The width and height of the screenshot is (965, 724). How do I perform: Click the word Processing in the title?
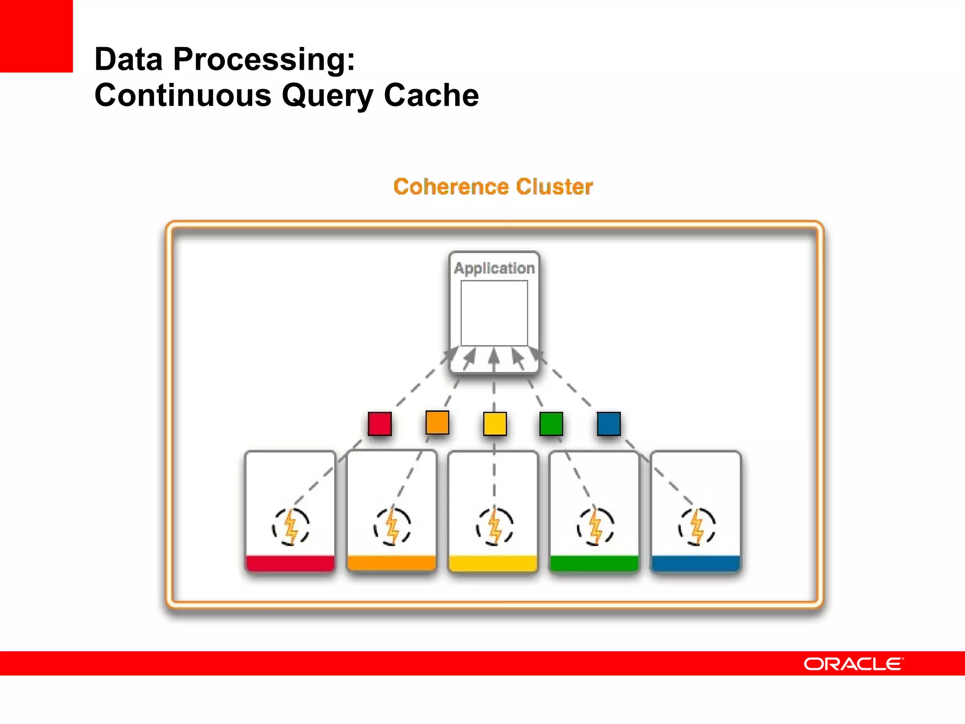tap(264, 60)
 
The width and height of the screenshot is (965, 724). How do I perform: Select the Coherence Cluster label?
tap(493, 187)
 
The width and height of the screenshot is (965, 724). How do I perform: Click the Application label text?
tap(494, 268)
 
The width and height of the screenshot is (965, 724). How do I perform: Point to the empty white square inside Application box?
tap(494, 313)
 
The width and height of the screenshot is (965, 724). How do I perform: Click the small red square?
tap(380, 423)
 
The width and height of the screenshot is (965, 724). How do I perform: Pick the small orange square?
tap(437, 422)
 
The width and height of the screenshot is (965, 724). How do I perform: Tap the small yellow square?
tap(495, 423)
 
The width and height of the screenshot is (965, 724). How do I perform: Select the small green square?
tap(551, 423)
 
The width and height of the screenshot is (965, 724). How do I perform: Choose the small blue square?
tap(608, 423)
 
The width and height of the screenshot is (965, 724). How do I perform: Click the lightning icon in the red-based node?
tap(291, 527)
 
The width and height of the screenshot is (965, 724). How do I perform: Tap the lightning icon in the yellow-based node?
tap(494, 527)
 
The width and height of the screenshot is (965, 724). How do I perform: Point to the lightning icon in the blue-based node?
tap(697, 527)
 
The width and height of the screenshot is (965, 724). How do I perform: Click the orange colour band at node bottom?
tap(392, 563)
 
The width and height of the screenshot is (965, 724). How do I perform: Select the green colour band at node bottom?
tap(594, 563)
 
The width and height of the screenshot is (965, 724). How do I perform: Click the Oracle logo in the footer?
tap(853, 664)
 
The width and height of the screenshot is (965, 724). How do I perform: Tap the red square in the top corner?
tap(36, 36)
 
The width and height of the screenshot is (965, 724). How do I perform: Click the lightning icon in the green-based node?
tap(596, 527)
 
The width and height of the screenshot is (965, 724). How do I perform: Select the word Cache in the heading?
tap(431, 96)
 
